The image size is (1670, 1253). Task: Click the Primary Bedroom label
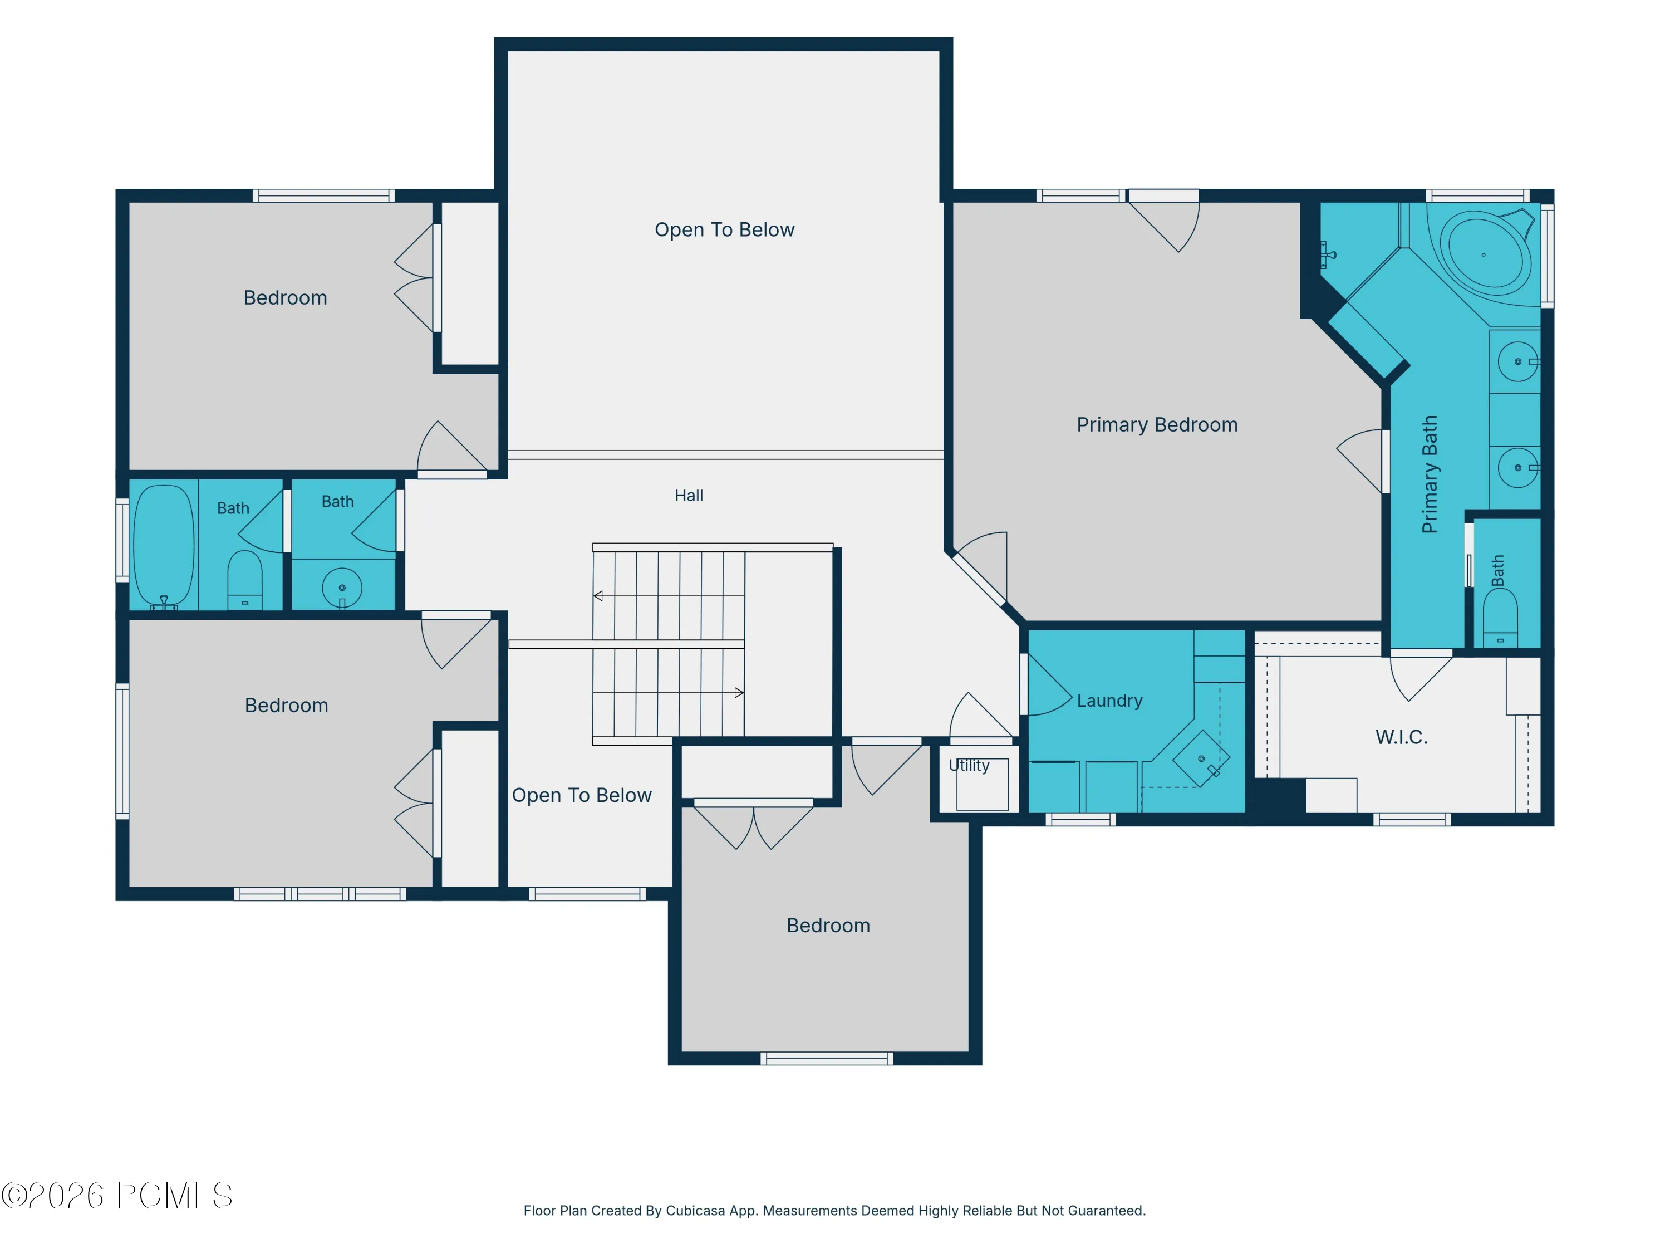pyautogui.click(x=1157, y=425)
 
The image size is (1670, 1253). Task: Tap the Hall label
pyautogui.click(x=689, y=496)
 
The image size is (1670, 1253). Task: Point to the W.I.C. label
pyautogui.click(x=1401, y=737)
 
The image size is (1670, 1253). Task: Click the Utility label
pyautogui.click(x=969, y=765)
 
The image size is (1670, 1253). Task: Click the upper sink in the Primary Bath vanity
pyautogui.click(x=1517, y=362)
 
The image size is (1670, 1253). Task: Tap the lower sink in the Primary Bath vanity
pyautogui.click(x=1517, y=468)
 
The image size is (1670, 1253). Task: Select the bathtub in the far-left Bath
pyautogui.click(x=164, y=545)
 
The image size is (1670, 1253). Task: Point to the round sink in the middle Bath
pyautogui.click(x=342, y=588)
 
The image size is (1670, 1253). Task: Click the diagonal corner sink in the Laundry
pyautogui.click(x=1201, y=758)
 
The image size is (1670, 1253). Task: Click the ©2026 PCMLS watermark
pyautogui.click(x=117, y=1196)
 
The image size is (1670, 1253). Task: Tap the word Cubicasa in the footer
pyautogui.click(x=695, y=1211)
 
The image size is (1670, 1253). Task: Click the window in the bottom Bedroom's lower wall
pyautogui.click(x=827, y=1058)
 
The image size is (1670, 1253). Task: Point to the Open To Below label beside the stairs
pyautogui.click(x=581, y=795)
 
